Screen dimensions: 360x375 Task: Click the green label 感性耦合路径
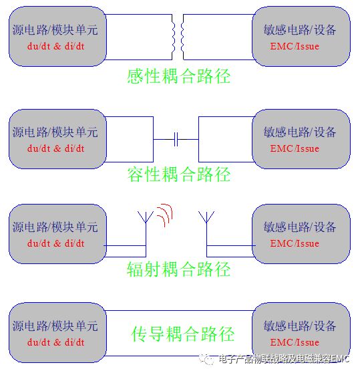click(x=179, y=76)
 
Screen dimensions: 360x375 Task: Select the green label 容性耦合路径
click(x=179, y=174)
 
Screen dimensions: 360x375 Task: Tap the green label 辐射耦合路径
click(x=179, y=269)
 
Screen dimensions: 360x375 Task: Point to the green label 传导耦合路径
click(x=183, y=334)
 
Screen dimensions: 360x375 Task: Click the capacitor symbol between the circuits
click(x=176, y=139)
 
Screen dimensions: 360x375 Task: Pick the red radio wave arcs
click(x=164, y=215)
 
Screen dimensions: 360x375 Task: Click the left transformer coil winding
click(x=174, y=37)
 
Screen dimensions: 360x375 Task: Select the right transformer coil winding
click(x=182, y=37)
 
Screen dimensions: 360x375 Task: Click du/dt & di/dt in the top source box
click(x=55, y=46)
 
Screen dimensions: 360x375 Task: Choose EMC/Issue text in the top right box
click(x=295, y=46)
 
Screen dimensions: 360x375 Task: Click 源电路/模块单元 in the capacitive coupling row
click(x=55, y=132)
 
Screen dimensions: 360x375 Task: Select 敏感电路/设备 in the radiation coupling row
click(x=300, y=227)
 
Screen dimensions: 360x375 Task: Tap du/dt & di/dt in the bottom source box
click(x=55, y=342)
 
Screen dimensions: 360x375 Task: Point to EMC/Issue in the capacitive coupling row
click(x=295, y=148)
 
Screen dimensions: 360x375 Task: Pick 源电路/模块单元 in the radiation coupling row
click(x=55, y=227)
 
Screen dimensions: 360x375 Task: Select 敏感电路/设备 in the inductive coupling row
click(x=300, y=30)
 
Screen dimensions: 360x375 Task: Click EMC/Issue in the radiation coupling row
click(x=295, y=243)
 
